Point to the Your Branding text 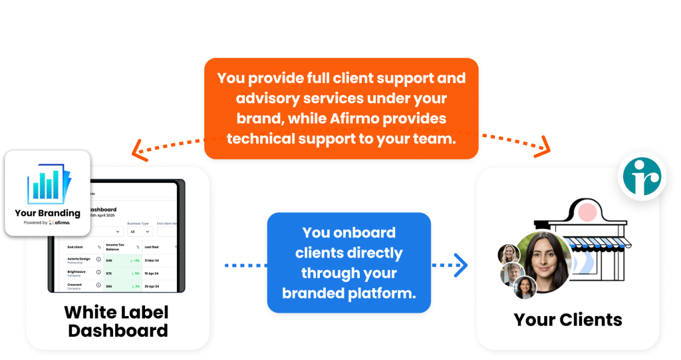(x=47, y=213)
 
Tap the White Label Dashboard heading (x=116, y=321)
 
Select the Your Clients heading (x=568, y=319)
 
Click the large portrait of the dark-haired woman (x=544, y=260)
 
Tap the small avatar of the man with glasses (x=510, y=273)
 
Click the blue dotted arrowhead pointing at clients (x=462, y=265)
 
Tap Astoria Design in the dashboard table (x=79, y=258)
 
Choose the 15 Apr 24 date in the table (x=154, y=273)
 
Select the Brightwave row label (x=77, y=271)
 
